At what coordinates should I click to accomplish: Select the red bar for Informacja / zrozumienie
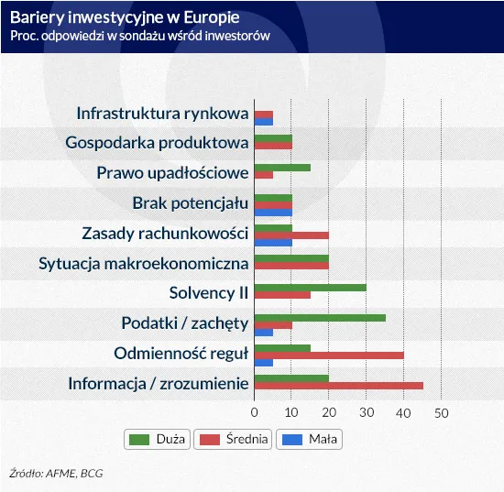tap(338, 386)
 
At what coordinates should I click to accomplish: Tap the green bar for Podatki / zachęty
tap(319, 317)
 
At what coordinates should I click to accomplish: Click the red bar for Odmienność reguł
tap(328, 355)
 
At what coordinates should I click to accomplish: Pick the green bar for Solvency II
tap(310, 287)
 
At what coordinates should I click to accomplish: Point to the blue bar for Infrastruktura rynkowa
tap(263, 121)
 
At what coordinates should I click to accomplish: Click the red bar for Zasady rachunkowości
tap(290, 235)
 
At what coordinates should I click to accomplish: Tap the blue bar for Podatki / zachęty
tap(263, 332)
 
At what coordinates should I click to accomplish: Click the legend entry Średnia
tap(236, 439)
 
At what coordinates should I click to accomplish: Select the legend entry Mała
tap(311, 439)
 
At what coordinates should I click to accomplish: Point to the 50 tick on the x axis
tap(441, 413)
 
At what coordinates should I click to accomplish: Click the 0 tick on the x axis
tap(254, 413)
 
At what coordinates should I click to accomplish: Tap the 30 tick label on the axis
tap(366, 413)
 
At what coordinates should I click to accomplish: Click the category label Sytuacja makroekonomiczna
tap(144, 264)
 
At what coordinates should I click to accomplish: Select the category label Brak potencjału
tap(191, 202)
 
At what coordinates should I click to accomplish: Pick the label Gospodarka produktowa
tap(157, 143)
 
